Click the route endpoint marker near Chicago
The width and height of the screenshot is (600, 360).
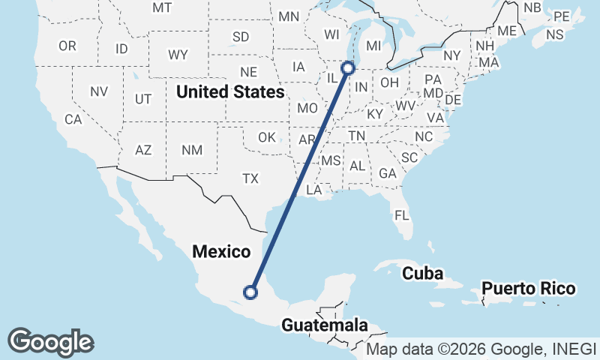(x=348, y=68)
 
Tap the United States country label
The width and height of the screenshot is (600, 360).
(x=230, y=92)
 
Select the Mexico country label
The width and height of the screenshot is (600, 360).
(x=220, y=252)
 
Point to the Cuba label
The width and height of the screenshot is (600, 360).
(x=422, y=274)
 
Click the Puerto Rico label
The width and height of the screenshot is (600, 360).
(x=529, y=289)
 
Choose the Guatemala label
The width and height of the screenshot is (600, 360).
(x=325, y=325)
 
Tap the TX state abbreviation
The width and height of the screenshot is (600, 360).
(x=250, y=178)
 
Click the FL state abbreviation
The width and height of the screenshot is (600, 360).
(x=402, y=215)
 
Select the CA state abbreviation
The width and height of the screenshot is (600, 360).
(x=73, y=119)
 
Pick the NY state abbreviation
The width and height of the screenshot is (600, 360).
(x=451, y=55)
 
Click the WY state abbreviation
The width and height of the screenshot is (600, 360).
(x=178, y=54)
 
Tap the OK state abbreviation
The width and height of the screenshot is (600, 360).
(x=266, y=137)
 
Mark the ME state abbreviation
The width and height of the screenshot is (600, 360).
(x=507, y=31)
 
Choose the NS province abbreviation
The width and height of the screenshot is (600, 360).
(x=555, y=34)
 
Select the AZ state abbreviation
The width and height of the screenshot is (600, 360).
(x=143, y=150)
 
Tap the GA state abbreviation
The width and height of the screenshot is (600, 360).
(x=388, y=173)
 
